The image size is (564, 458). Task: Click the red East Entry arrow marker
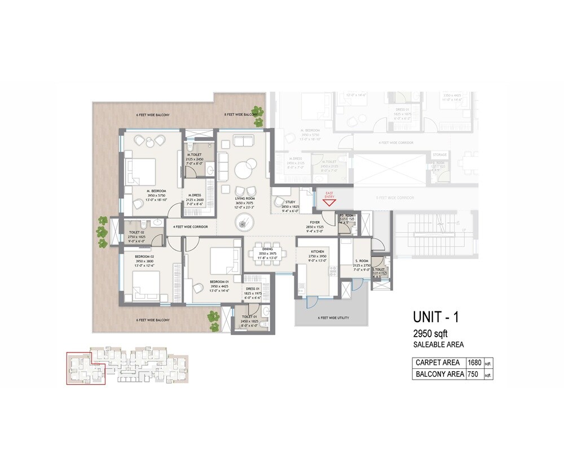329,201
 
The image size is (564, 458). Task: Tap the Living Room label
245,199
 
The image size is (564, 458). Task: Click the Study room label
290,201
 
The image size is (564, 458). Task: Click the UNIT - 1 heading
436,317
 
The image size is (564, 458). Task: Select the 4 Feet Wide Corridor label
190,227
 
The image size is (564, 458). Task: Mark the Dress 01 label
253,289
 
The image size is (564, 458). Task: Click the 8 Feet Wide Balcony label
241,114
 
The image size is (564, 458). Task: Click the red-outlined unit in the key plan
85,369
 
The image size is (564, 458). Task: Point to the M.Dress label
195,195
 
